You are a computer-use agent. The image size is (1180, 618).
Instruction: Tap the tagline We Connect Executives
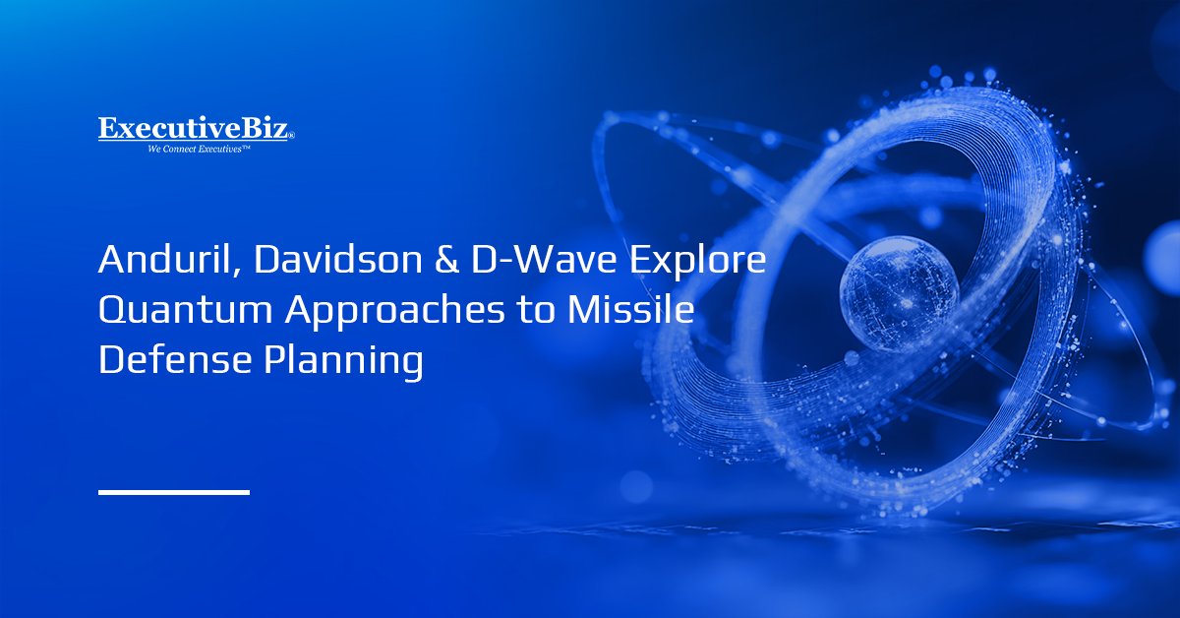[196, 149]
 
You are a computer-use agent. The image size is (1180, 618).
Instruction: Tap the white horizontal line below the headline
[174, 491]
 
